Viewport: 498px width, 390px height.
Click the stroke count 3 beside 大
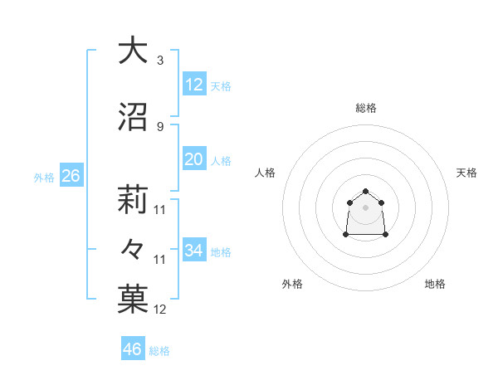tap(159, 61)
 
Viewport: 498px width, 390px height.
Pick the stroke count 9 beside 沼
tap(159, 126)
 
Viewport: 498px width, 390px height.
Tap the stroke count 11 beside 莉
tap(160, 210)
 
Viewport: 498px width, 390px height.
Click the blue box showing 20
tap(194, 159)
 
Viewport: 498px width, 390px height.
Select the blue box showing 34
tap(194, 251)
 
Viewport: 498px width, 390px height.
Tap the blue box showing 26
tap(71, 176)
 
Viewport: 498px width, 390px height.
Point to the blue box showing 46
tap(133, 349)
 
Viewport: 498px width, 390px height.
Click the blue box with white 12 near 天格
tap(194, 85)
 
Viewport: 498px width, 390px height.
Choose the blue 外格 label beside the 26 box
tap(44, 178)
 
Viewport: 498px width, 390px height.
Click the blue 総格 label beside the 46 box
tap(159, 351)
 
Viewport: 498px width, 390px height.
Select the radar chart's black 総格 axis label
tap(366, 108)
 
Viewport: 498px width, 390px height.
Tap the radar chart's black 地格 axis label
tap(435, 284)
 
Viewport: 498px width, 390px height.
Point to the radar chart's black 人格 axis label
tap(266, 173)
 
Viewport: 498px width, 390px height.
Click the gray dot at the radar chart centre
tap(366, 207)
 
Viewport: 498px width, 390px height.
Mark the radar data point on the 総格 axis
tap(366, 191)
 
